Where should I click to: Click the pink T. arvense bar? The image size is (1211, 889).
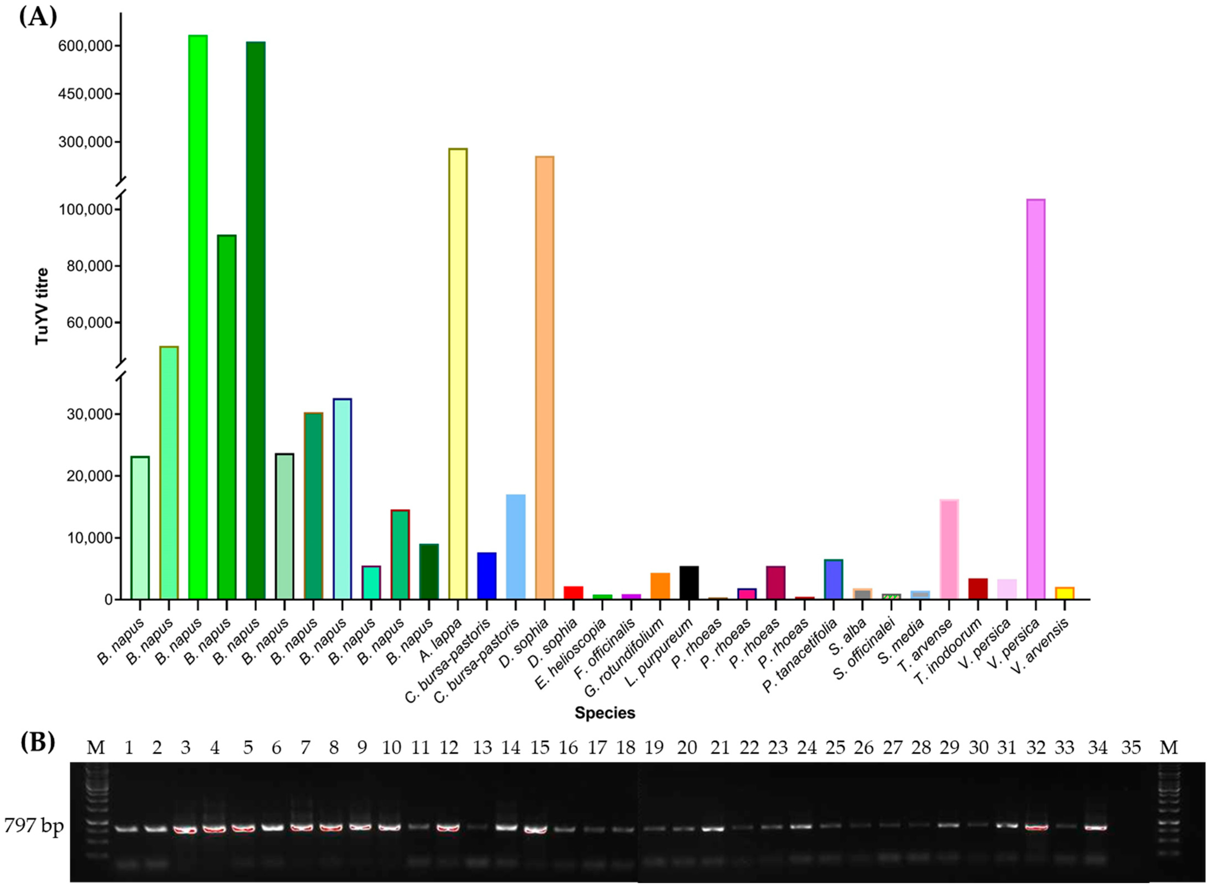(x=949, y=549)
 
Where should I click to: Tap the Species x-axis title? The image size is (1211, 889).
(x=605, y=713)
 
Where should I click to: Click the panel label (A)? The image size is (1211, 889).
(x=38, y=17)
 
